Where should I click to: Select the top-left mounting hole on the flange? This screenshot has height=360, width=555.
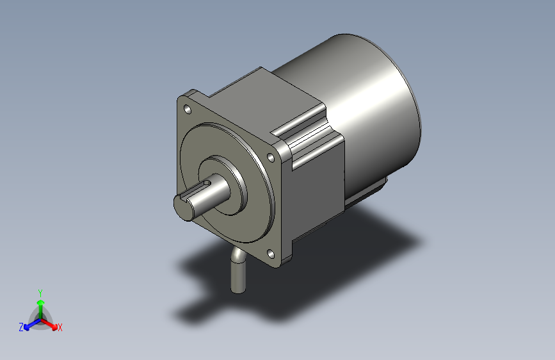pyautogui.click(x=188, y=109)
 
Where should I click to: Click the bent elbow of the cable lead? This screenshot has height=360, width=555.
pyautogui.click(x=236, y=256)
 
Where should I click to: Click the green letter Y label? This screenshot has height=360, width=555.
pyautogui.click(x=40, y=291)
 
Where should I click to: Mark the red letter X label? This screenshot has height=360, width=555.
pyautogui.click(x=60, y=327)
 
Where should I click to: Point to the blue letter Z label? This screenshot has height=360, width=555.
pyautogui.click(x=21, y=327)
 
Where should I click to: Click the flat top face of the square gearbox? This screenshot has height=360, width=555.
pyautogui.click(x=262, y=96)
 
